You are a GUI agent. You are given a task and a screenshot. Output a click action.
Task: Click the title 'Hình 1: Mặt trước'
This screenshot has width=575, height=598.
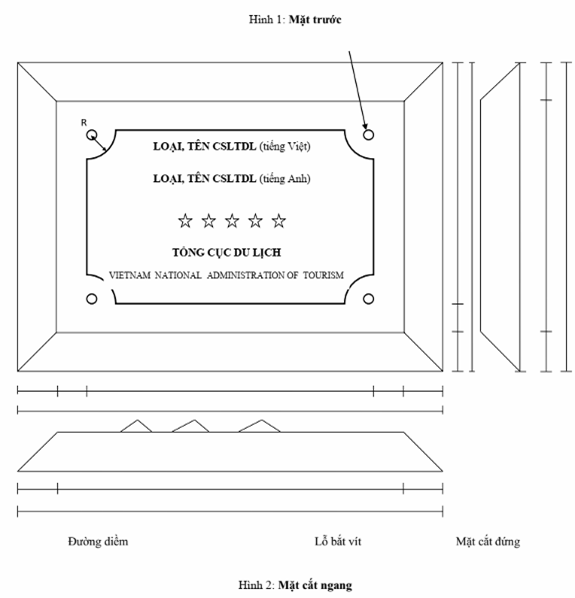point(295,19)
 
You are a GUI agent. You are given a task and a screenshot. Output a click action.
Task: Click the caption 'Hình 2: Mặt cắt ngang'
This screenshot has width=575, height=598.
point(295,585)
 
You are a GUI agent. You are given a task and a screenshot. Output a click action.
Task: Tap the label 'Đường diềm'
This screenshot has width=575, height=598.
point(98,542)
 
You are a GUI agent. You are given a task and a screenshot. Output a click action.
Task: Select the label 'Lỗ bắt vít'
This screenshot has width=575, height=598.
point(338,542)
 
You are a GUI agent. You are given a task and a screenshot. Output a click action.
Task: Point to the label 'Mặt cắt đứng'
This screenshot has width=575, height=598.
point(488,542)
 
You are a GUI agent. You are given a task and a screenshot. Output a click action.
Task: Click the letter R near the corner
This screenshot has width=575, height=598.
point(84,122)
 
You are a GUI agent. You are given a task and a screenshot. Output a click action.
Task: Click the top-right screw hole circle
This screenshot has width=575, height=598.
point(368,135)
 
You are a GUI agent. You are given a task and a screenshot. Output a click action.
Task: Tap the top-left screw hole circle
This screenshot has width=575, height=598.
point(92,135)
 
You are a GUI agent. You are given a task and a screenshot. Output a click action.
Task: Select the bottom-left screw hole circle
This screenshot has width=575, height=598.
point(92,299)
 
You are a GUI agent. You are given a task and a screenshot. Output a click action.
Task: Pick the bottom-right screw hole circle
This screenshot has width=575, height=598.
point(368,299)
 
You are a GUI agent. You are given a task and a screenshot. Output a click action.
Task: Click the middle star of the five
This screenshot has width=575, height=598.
point(232,221)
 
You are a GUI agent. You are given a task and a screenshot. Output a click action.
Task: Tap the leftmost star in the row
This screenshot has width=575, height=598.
point(185,221)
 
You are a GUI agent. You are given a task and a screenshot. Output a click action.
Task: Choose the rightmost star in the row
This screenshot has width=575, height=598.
point(279,221)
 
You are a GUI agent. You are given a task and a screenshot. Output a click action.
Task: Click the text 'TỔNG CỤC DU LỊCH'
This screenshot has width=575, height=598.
point(227,252)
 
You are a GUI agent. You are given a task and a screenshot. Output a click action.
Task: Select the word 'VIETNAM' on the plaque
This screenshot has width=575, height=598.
point(130,275)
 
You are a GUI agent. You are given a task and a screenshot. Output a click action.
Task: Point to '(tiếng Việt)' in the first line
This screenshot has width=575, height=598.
point(285,146)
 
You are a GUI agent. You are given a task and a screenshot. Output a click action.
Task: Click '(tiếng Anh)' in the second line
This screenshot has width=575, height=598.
point(285,178)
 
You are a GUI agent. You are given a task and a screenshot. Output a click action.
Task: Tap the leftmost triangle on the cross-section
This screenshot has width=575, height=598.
point(137,426)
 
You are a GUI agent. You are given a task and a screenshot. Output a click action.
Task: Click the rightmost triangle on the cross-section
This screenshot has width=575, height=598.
point(260,426)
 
